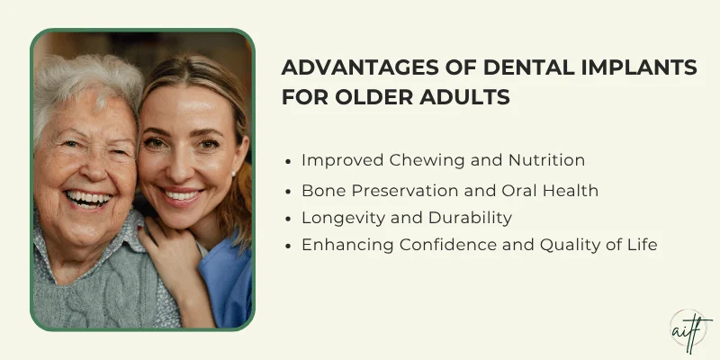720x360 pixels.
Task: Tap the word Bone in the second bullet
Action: (322, 191)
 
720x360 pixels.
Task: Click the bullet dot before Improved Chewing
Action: (287, 162)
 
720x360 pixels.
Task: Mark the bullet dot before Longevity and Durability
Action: (287, 219)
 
